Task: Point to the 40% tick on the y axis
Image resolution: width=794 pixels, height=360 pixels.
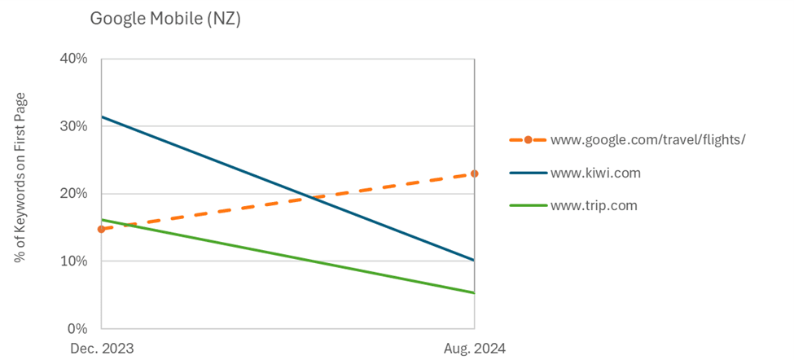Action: [75, 59]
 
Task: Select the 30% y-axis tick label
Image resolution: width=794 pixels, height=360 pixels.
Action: [75, 126]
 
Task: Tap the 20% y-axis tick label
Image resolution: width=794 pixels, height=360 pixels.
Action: [75, 194]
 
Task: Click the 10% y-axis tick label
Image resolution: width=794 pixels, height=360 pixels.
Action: [75, 261]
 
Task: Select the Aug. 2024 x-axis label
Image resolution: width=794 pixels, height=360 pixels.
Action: [475, 349]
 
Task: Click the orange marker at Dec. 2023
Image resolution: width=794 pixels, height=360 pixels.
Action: [101, 230]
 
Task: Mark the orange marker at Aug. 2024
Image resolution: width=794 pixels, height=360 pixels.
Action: [475, 173]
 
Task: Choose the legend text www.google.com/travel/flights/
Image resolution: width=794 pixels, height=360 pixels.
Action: [648, 140]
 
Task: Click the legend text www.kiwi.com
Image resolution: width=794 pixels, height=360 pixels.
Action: [595, 173]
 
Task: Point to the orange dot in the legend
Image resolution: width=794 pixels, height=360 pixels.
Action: [528, 140]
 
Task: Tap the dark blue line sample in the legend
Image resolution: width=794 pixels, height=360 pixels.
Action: [527, 173]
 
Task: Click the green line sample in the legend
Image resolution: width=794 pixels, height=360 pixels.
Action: [527, 205]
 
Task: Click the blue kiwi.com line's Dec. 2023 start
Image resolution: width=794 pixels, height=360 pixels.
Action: [101, 116]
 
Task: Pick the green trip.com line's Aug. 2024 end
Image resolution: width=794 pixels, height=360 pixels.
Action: [475, 293]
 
